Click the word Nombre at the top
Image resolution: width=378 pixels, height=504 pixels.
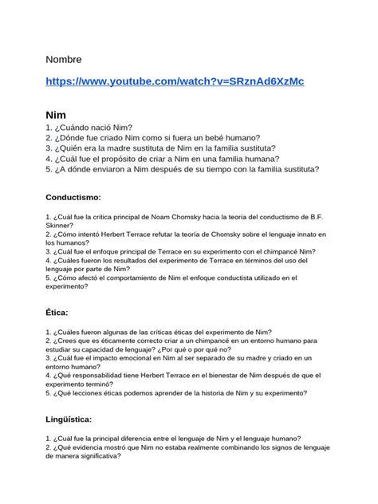[64, 60]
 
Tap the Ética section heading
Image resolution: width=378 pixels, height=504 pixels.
[57, 313]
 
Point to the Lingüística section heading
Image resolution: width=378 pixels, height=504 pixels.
[69, 419]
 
